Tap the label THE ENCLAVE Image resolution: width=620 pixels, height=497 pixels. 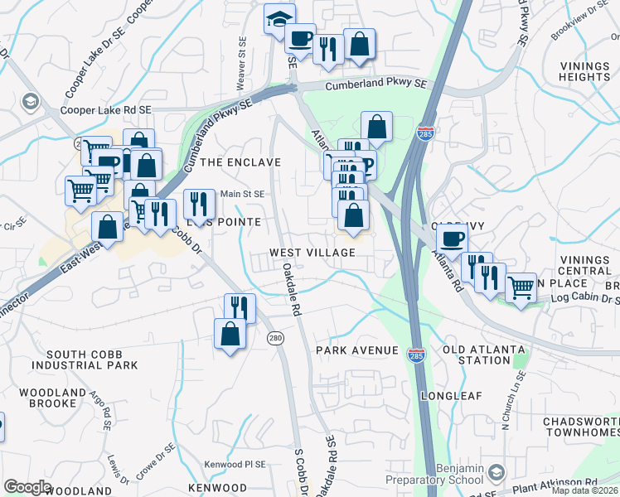point(240,162)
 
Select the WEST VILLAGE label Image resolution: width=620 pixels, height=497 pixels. point(312,253)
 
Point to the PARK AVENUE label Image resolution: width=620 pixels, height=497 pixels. point(357,350)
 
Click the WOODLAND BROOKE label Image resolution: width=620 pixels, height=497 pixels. point(52,398)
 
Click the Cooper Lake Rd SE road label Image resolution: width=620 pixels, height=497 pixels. point(106,109)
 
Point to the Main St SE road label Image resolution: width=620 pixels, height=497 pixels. point(243,194)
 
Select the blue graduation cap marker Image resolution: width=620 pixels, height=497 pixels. point(279,18)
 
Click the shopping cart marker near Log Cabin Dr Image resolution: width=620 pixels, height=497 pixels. point(521,289)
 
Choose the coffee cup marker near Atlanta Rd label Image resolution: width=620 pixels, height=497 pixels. point(453,239)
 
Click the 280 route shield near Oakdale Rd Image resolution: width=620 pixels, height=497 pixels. point(276,338)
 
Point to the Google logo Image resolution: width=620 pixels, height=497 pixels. point(28,487)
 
